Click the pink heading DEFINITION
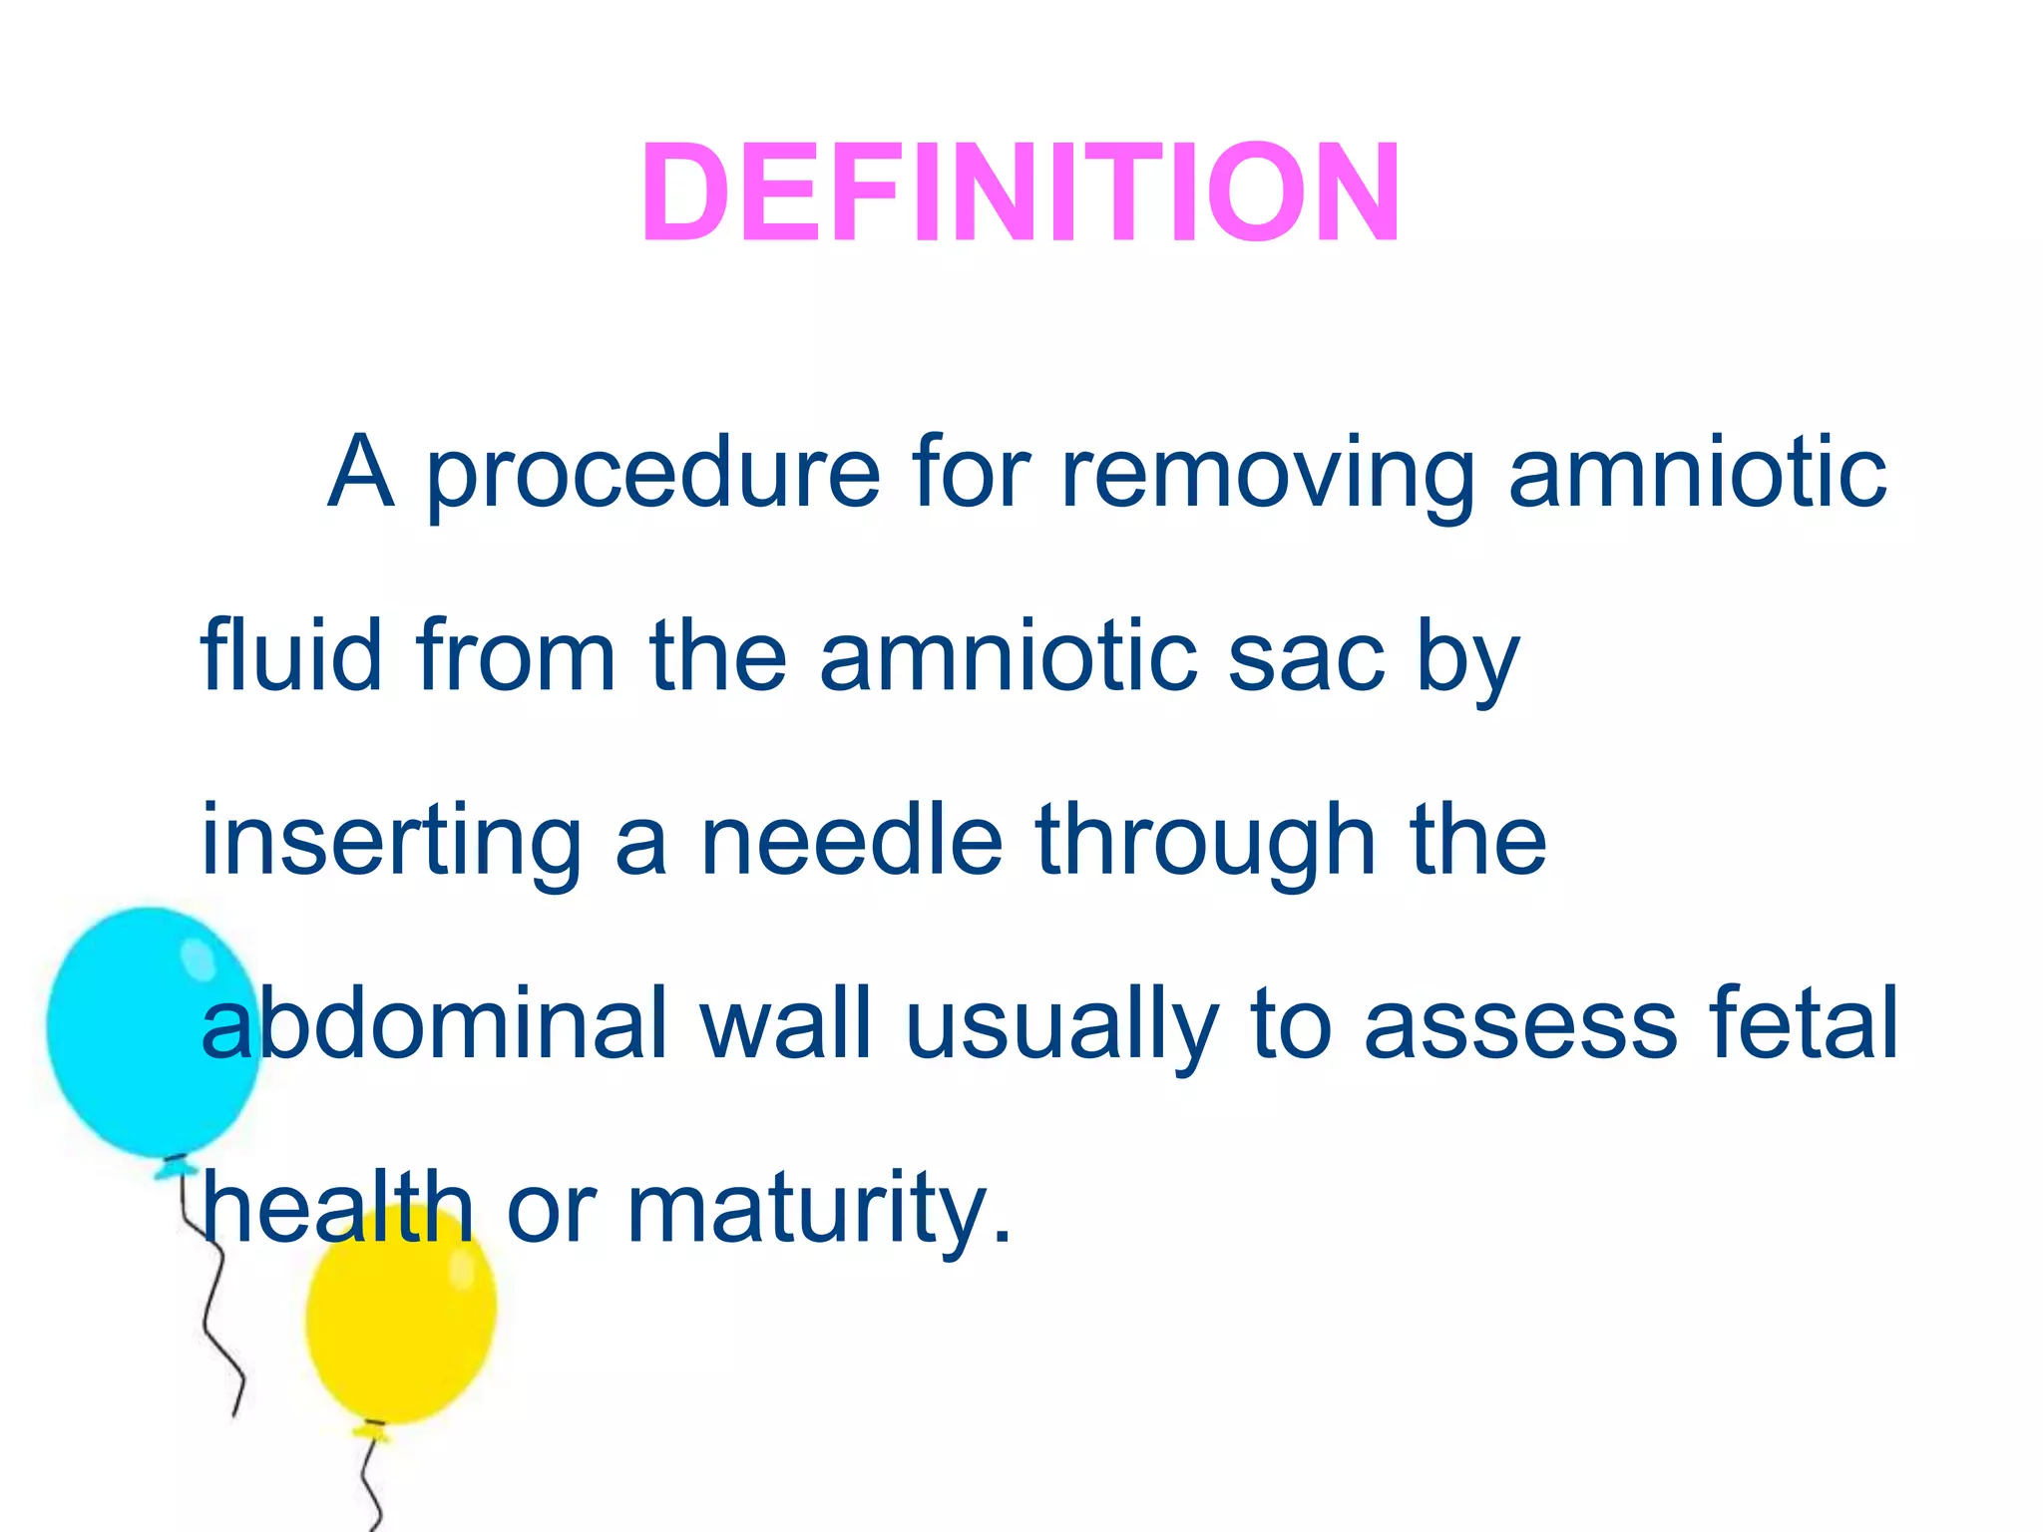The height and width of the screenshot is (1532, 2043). tap(1021, 192)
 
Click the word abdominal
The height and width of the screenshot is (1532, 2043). tap(434, 1023)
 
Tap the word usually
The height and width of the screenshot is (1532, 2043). tap(1061, 1025)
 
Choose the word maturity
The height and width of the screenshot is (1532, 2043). tap(818, 1210)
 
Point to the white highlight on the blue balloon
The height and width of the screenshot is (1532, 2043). tap(197, 957)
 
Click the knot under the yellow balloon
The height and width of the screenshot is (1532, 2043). tap(373, 1433)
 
